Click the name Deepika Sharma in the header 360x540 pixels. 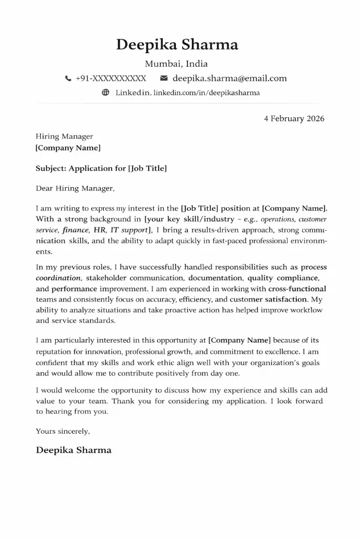(x=177, y=45)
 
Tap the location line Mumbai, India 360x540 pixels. (x=176, y=64)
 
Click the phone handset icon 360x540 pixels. (x=68, y=79)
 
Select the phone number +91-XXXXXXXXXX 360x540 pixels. (x=111, y=79)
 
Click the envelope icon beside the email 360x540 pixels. (x=163, y=78)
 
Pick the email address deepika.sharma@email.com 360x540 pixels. (x=230, y=79)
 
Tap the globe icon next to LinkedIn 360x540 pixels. (x=105, y=93)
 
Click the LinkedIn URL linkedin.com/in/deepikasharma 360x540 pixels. (x=207, y=93)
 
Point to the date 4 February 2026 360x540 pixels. (x=294, y=118)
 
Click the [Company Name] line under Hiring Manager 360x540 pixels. (x=68, y=148)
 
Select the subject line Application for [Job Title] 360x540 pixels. (x=101, y=169)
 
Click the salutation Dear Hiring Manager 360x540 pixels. (x=75, y=188)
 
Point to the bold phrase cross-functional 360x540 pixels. (x=297, y=289)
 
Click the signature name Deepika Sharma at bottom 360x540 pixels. (x=74, y=450)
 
